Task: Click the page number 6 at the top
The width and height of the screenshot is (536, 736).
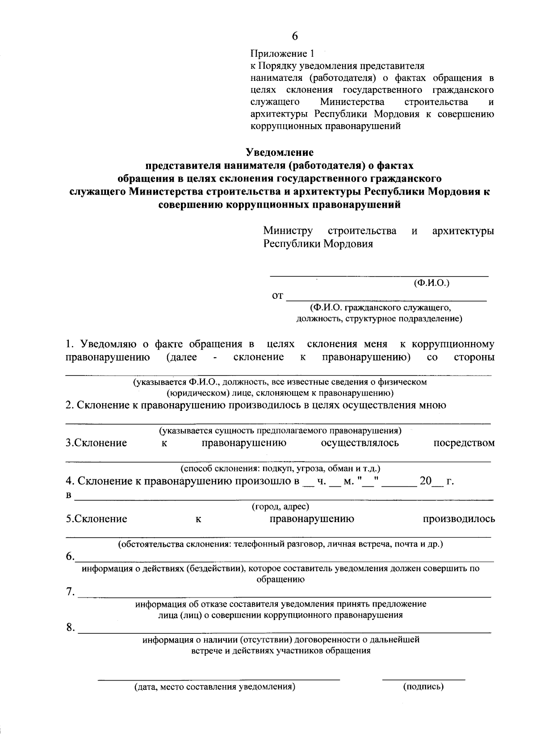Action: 294,36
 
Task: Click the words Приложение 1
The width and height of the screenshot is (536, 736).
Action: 279,54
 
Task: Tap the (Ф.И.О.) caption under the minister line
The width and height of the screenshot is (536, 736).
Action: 431,283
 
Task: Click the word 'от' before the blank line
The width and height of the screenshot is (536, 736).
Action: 278,296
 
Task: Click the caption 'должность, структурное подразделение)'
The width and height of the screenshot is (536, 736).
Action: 379,318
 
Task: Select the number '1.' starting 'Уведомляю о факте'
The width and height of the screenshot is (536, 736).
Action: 70,344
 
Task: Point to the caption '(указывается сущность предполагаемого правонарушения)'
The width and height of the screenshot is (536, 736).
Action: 280,431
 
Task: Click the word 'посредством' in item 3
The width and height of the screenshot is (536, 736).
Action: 464,443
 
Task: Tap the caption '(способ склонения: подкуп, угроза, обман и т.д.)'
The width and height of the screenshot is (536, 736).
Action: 280,469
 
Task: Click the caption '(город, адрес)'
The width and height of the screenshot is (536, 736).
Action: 280,507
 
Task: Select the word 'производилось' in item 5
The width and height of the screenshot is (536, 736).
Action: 459,519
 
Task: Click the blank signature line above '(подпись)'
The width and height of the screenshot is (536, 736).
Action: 423,679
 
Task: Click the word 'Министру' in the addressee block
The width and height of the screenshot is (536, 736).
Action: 288,231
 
